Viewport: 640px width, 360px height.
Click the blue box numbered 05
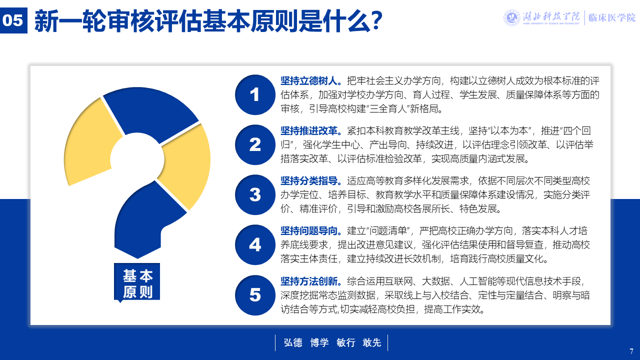pyautogui.click(x=13, y=20)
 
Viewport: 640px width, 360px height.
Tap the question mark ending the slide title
pyautogui.click(x=374, y=20)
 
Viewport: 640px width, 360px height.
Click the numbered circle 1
pyautogui.click(x=255, y=95)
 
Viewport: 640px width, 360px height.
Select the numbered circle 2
pyautogui.click(x=255, y=144)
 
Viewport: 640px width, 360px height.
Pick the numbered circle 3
pyautogui.click(x=255, y=195)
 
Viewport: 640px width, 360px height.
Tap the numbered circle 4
pyautogui.click(x=255, y=245)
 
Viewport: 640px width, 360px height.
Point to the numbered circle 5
pyautogui.click(x=255, y=295)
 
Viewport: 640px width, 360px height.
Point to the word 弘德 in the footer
pyautogui.click(x=293, y=342)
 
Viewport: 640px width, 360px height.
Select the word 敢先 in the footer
pyautogui.click(x=371, y=342)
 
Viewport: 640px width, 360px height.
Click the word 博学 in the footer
pyautogui.click(x=319, y=342)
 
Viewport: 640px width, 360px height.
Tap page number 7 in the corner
pyautogui.click(x=631, y=351)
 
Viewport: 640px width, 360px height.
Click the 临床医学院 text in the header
pyautogui.click(x=612, y=17)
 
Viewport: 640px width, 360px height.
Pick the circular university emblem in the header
pyautogui.click(x=511, y=17)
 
